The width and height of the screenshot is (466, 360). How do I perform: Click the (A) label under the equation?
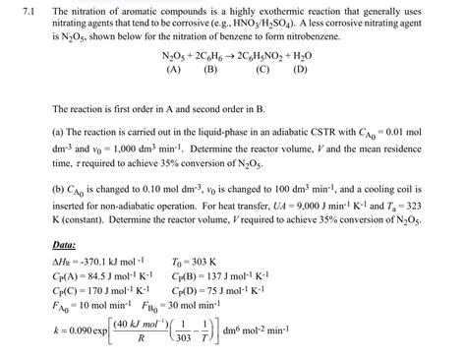pyautogui.click(x=173, y=71)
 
